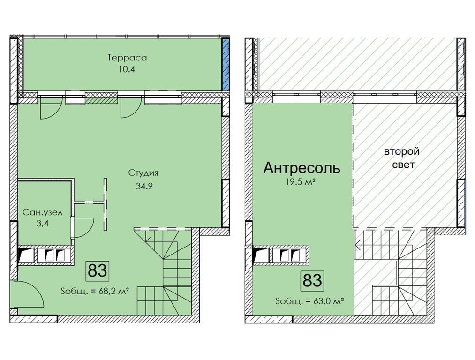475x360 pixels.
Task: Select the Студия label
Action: [x=143, y=173]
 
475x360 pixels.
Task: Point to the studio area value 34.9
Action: [x=143, y=185]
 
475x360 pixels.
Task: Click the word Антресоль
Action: [x=302, y=168]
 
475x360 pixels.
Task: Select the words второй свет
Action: [x=401, y=158]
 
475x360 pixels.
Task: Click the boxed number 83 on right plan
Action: [x=312, y=280]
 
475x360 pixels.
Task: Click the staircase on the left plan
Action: [x=166, y=272]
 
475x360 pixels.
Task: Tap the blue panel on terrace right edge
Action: [x=226, y=65]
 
